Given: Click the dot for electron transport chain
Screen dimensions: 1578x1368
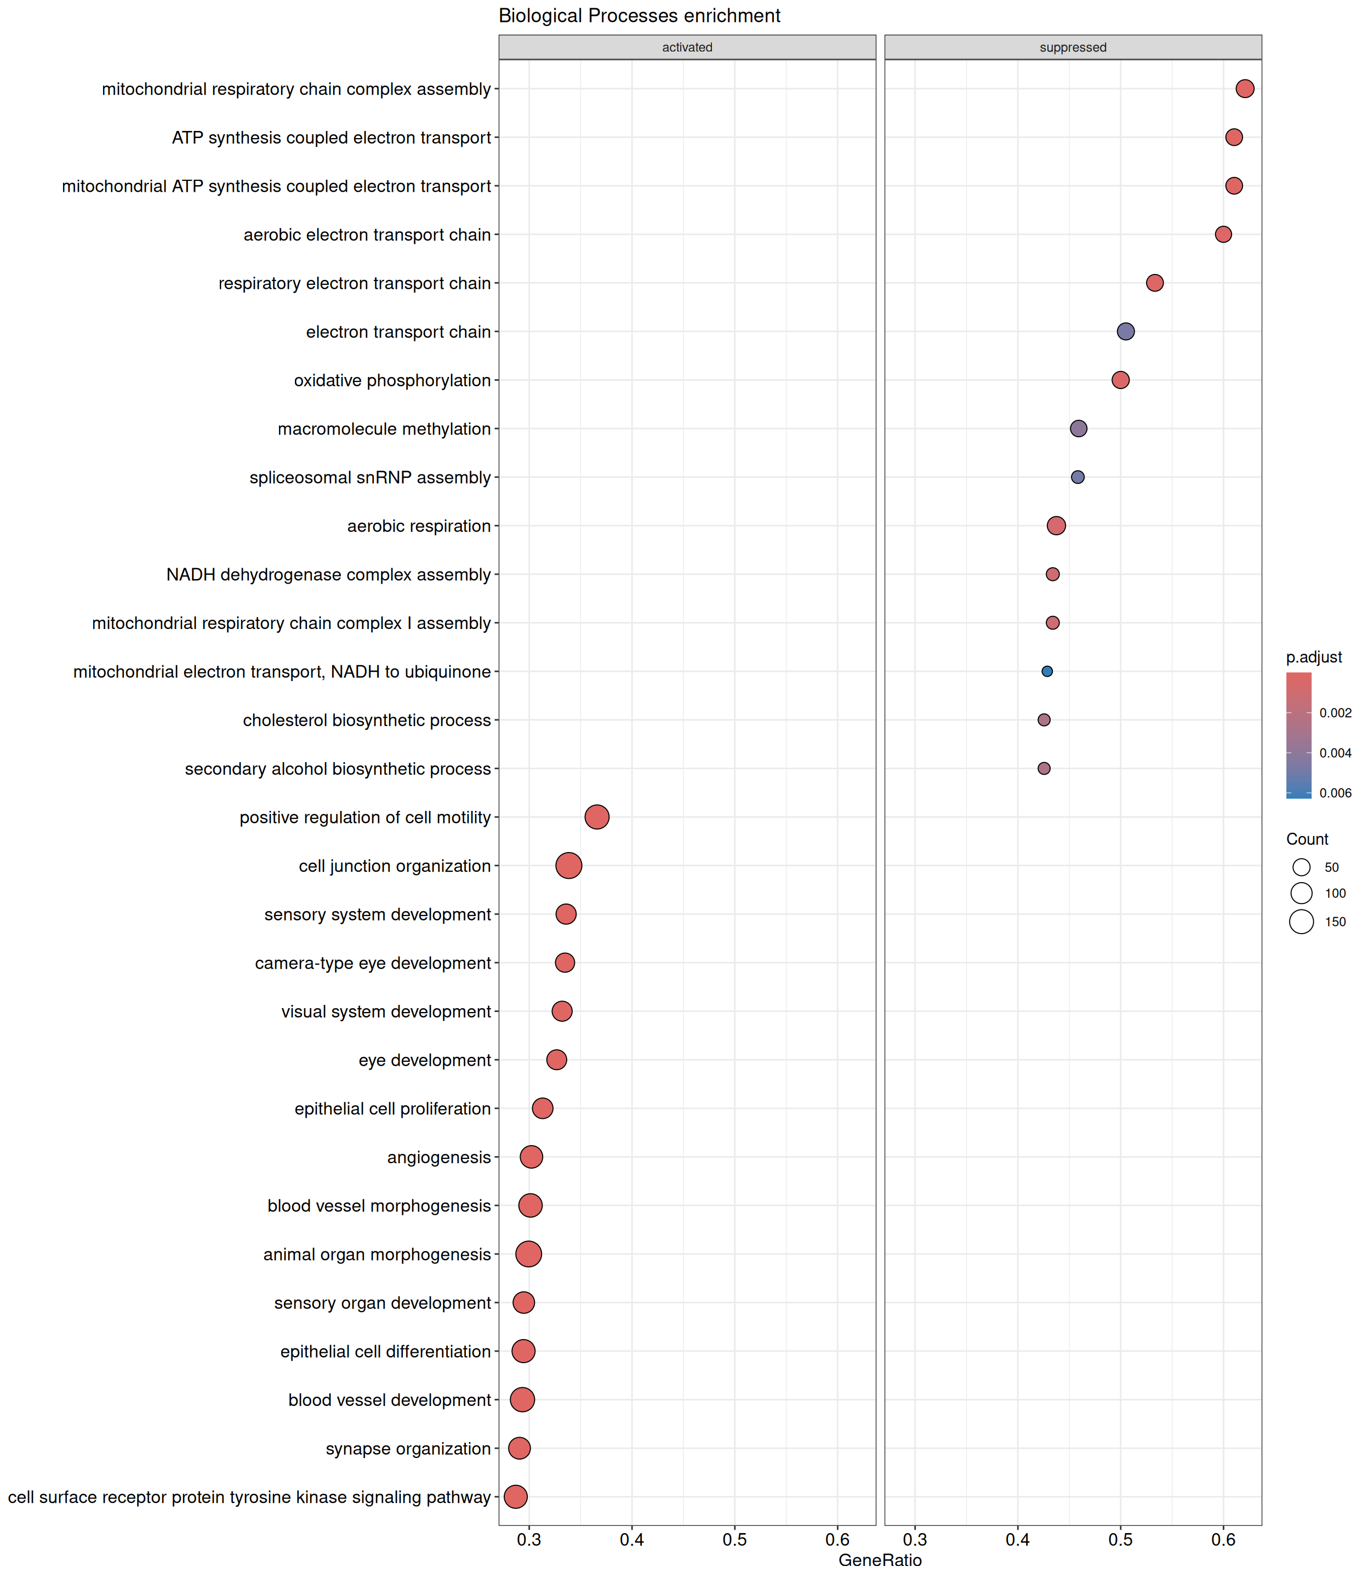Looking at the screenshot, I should [x=1125, y=331].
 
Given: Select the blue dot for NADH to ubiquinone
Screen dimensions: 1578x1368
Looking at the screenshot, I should [x=1047, y=672].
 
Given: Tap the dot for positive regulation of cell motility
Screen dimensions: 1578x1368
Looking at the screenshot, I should [x=597, y=817].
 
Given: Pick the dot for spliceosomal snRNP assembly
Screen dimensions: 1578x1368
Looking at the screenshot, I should [x=1078, y=477].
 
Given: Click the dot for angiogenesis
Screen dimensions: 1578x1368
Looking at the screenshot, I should [x=531, y=1157].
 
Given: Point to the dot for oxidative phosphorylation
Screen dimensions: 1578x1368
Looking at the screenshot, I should [x=1121, y=380].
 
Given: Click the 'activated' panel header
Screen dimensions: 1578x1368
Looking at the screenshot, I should [x=687, y=47].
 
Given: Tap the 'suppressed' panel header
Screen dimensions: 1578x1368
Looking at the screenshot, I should [x=1073, y=47].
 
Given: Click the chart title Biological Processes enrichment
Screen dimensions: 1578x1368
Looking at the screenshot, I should [x=639, y=16].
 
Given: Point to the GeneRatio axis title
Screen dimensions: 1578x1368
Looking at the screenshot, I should [x=880, y=1560].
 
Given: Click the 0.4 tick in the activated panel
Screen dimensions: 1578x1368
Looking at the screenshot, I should [x=632, y=1540].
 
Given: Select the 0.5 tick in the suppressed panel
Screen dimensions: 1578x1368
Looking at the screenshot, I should [x=1121, y=1540].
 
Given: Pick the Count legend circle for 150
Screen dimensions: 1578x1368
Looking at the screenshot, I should [x=1302, y=922].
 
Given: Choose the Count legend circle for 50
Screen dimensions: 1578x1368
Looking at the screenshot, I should [x=1302, y=867].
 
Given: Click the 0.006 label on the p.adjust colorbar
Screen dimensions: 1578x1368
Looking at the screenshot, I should [x=1335, y=793].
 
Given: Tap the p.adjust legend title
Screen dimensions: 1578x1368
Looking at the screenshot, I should [x=1314, y=657].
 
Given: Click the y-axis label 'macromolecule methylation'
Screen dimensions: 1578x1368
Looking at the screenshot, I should [x=384, y=429].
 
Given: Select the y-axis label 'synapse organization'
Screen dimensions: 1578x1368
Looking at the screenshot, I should [x=408, y=1448].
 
